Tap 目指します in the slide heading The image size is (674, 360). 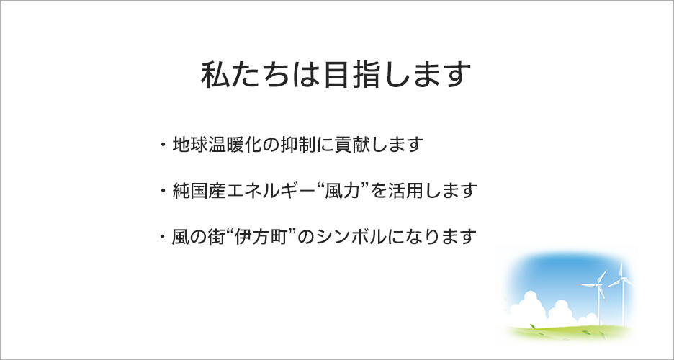pyautogui.click(x=395, y=75)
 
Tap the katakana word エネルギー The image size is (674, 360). pyautogui.click(x=271, y=190)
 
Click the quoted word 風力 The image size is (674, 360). pyautogui.click(x=342, y=190)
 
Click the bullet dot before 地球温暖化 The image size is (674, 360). pyautogui.click(x=163, y=144)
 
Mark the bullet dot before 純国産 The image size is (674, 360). pyautogui.click(x=163, y=190)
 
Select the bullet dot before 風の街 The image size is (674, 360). pyautogui.click(x=163, y=237)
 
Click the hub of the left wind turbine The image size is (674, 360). pyautogui.click(x=598, y=285)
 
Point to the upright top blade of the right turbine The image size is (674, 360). pyautogui.click(x=621, y=270)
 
